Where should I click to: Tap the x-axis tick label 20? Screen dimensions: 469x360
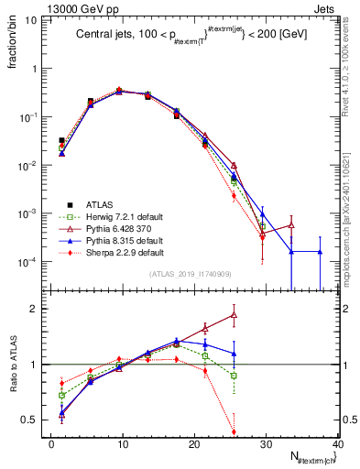tap(194, 444)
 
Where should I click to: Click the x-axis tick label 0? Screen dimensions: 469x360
tap(51, 444)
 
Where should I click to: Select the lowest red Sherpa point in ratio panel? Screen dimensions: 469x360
tap(234, 431)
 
